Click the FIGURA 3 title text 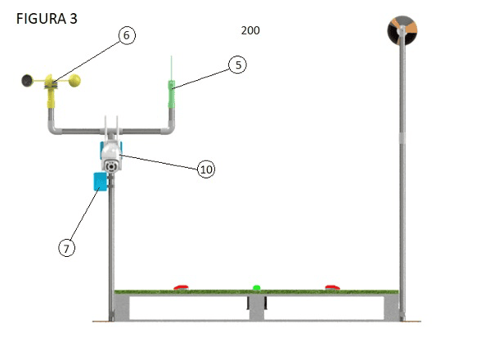click(x=47, y=19)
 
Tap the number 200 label click(x=250, y=30)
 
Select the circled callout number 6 click(x=127, y=35)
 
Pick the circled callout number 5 click(x=238, y=65)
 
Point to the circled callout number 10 click(x=206, y=169)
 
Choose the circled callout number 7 click(x=67, y=248)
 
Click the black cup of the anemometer click(x=27, y=80)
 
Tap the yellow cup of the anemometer click(x=74, y=80)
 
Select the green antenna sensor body click(x=172, y=94)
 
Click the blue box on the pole click(x=100, y=182)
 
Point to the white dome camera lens click(x=111, y=167)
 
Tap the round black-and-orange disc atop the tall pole click(x=402, y=29)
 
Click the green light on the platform click(x=256, y=287)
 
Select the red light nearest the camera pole click(x=181, y=287)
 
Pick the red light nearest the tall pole click(x=332, y=287)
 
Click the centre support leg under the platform click(x=257, y=308)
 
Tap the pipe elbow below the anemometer click(x=54, y=128)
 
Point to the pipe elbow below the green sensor click(x=168, y=128)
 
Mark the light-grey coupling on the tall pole click(x=402, y=137)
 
